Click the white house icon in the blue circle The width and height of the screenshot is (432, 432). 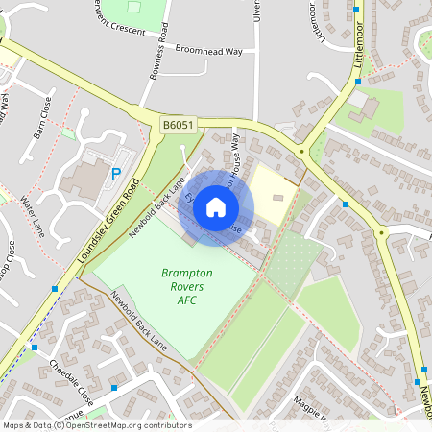point(216,205)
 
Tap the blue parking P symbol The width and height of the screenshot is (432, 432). point(116,174)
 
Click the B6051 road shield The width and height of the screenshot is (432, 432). point(177,125)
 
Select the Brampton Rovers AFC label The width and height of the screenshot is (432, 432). point(186,284)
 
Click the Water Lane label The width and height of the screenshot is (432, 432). point(33,218)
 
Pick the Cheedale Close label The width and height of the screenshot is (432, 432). point(71,381)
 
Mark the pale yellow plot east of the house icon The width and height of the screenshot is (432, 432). point(273,192)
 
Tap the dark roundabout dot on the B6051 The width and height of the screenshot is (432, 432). point(301,151)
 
